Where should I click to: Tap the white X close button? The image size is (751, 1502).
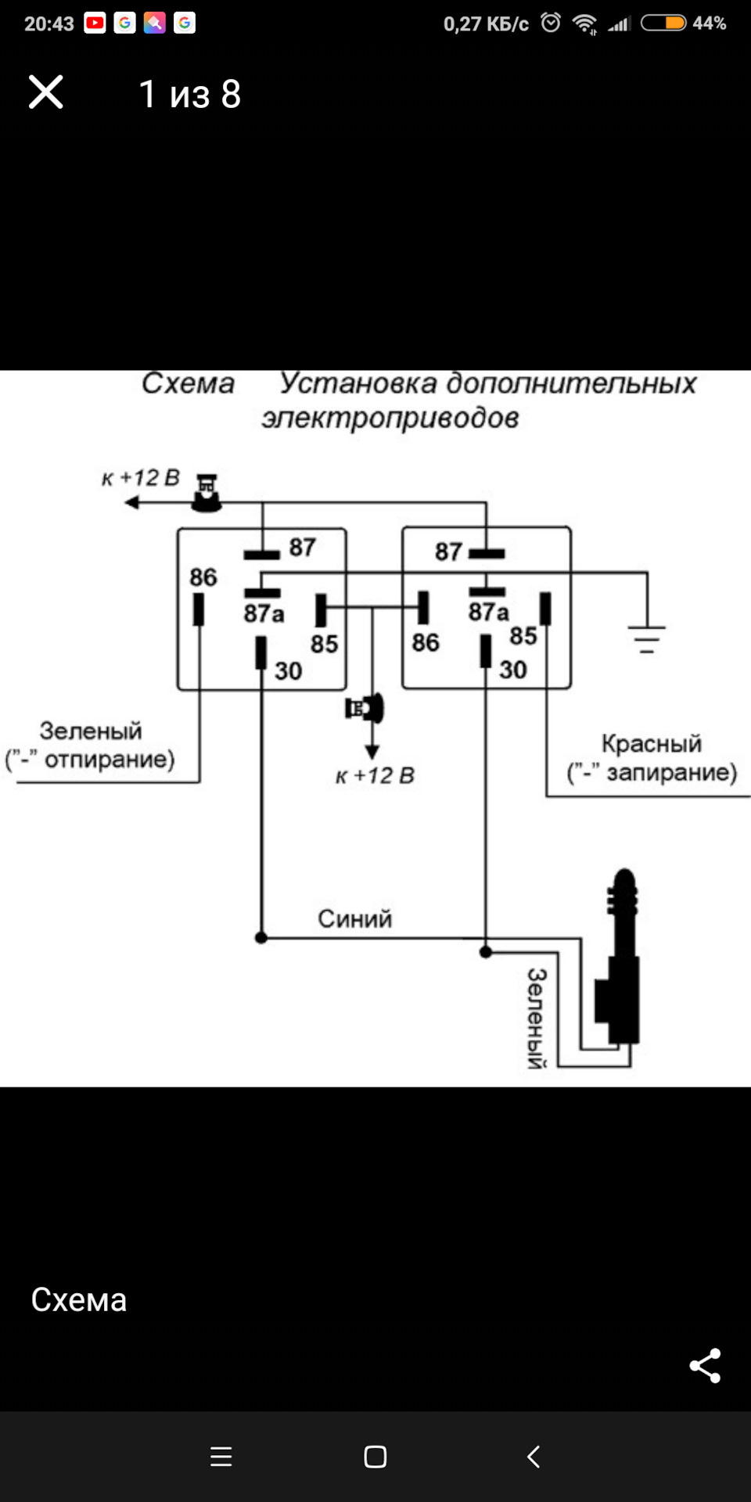coord(45,92)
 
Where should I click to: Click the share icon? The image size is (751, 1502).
coord(705,1366)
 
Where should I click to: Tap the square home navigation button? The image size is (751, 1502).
coord(375,1457)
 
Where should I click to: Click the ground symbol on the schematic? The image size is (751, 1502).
coord(646,638)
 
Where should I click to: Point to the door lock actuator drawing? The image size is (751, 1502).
coord(620,962)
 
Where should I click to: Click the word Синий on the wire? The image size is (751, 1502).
coord(354,918)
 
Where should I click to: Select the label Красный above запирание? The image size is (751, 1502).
coord(651,743)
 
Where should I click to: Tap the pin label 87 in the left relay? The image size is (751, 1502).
coord(302,547)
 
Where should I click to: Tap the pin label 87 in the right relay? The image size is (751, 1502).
coord(448,552)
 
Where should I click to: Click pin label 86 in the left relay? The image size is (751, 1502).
coord(203,577)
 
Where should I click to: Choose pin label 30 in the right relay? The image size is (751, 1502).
coord(513,670)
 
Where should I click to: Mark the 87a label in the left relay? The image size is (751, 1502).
coord(264,613)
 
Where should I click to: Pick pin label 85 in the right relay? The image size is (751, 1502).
coord(523,636)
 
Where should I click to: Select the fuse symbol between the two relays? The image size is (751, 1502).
coord(365,709)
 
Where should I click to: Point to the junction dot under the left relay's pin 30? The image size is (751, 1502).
coord(261,937)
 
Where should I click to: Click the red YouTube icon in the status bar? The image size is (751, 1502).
coord(95,23)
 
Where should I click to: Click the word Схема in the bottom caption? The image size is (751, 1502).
coord(79,1300)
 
